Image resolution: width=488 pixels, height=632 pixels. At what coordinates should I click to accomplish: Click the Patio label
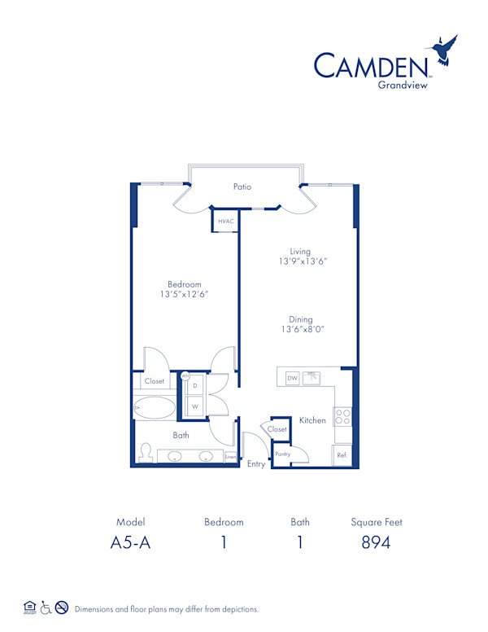[x=242, y=187]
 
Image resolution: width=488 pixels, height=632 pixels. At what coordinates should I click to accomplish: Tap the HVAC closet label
[x=226, y=221]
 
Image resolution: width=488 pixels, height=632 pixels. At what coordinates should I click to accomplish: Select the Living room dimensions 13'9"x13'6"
[x=303, y=261]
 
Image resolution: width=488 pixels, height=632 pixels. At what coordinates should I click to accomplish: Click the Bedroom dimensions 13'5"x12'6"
[x=185, y=295]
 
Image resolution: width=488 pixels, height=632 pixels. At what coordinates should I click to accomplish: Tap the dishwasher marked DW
[x=293, y=377]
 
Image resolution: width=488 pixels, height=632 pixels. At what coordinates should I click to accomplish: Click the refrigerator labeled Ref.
[x=342, y=454]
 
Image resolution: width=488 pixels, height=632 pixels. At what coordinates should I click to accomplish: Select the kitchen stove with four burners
[x=343, y=417]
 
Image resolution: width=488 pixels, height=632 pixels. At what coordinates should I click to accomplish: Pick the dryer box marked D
[x=195, y=385]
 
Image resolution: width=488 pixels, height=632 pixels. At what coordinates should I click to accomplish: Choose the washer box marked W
[x=195, y=406]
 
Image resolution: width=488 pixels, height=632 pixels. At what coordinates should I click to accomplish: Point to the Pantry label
[x=282, y=454]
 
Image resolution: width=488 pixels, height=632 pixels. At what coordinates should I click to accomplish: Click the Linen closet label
[x=230, y=457]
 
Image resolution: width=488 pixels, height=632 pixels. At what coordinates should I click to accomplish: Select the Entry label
[x=256, y=464]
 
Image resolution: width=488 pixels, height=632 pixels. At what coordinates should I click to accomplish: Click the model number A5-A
[x=130, y=542]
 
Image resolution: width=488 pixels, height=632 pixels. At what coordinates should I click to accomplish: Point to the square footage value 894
[x=377, y=542]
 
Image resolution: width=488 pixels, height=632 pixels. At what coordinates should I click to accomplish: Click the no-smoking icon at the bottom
[x=60, y=608]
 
